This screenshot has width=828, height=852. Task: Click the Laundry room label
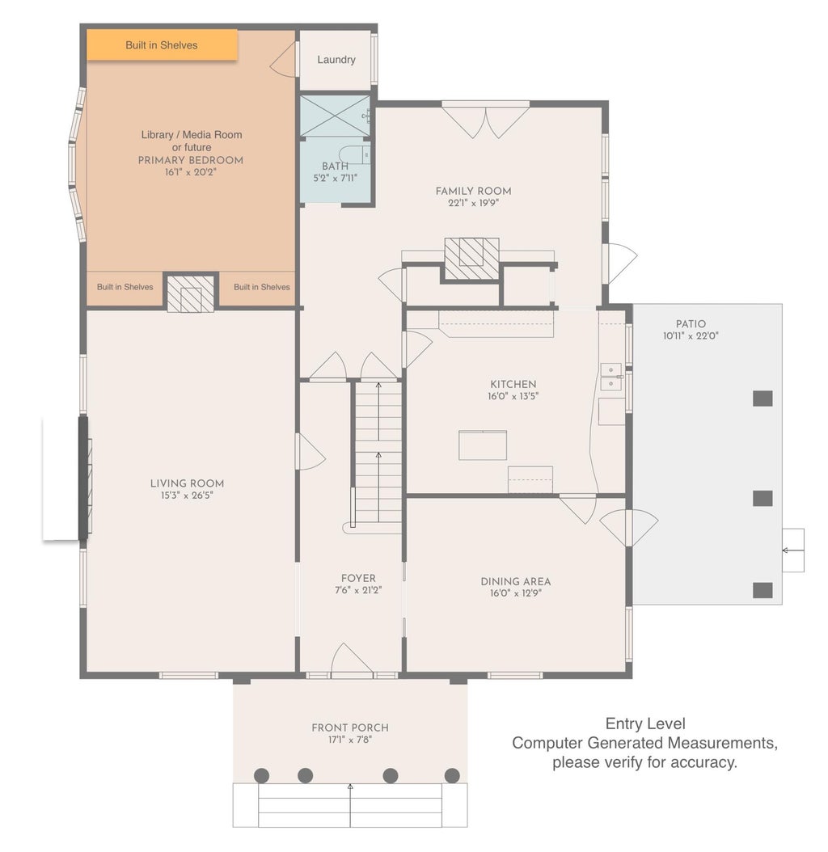[x=336, y=60]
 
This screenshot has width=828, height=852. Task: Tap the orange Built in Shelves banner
[x=162, y=44]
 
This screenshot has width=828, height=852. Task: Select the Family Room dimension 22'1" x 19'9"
[x=473, y=203]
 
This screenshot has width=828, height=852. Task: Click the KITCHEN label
[x=513, y=384]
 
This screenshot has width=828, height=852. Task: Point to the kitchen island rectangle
[x=483, y=445]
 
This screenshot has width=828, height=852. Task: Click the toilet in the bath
[x=354, y=154]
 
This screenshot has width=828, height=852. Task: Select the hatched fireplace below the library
[x=190, y=293]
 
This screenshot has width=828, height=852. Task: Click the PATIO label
[x=691, y=324]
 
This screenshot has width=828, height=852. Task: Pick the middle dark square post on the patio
[x=763, y=498]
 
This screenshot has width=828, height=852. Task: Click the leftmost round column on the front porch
[x=261, y=775]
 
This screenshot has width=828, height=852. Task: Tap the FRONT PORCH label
[x=350, y=728]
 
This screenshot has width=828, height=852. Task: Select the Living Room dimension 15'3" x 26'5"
[x=187, y=496]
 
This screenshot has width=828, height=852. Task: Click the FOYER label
[x=358, y=579]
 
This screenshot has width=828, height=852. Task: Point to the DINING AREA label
[x=515, y=581]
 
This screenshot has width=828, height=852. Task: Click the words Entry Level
[x=645, y=723]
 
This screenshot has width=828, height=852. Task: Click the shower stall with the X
[x=335, y=116]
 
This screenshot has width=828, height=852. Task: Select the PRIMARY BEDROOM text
[x=190, y=160]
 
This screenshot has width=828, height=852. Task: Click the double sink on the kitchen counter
[x=611, y=377]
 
